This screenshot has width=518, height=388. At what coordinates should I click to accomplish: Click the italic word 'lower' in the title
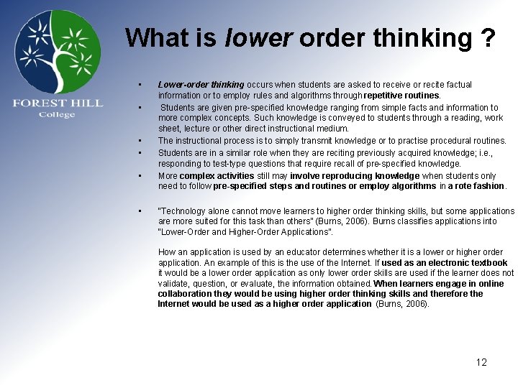pos(258,37)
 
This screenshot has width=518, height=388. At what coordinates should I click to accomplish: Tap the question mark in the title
pos(487,37)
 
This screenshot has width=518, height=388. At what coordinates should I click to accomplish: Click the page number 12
pos(481,362)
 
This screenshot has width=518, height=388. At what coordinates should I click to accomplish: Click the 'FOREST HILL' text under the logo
pos(58,103)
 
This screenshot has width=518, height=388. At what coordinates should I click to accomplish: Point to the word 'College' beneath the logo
pos(57,115)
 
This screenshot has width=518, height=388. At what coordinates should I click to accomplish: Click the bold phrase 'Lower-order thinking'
pos(201,84)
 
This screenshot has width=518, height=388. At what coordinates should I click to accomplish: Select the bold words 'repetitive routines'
pos(402,95)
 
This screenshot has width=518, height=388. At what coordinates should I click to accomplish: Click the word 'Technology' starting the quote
pos(181,211)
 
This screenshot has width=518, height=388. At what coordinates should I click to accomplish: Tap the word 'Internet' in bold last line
pos(176,304)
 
